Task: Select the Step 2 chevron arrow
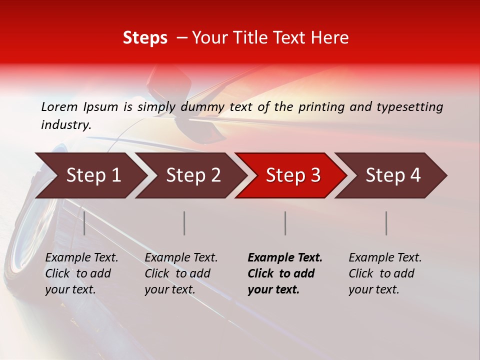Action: point(193,175)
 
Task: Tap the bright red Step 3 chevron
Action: point(293,175)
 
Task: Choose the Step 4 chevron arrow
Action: point(393,175)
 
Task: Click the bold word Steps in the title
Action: point(145,38)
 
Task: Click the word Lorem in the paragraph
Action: point(59,106)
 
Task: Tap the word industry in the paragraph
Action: point(65,125)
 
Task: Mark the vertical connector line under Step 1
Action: point(84,223)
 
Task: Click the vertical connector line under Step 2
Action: point(184,223)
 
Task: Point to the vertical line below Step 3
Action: point(285,223)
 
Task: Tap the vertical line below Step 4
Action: point(386,223)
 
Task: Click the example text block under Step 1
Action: point(81,273)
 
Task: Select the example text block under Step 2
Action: point(181,273)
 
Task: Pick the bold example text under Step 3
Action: point(284,273)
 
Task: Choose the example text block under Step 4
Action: point(385,273)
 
